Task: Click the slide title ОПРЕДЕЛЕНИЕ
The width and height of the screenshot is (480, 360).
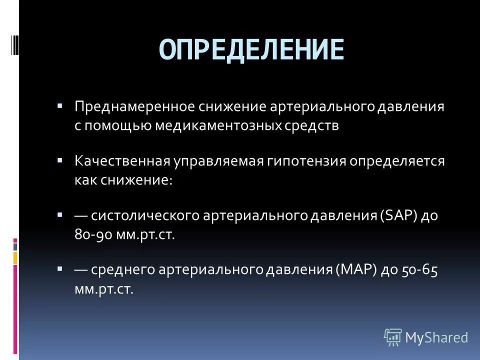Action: tap(252, 48)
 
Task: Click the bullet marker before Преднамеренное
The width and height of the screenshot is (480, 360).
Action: tap(59, 106)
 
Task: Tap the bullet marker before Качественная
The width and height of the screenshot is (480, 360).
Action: tap(59, 161)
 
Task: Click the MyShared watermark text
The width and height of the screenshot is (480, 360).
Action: tap(436, 337)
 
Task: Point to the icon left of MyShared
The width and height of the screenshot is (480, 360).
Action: tap(393, 336)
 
